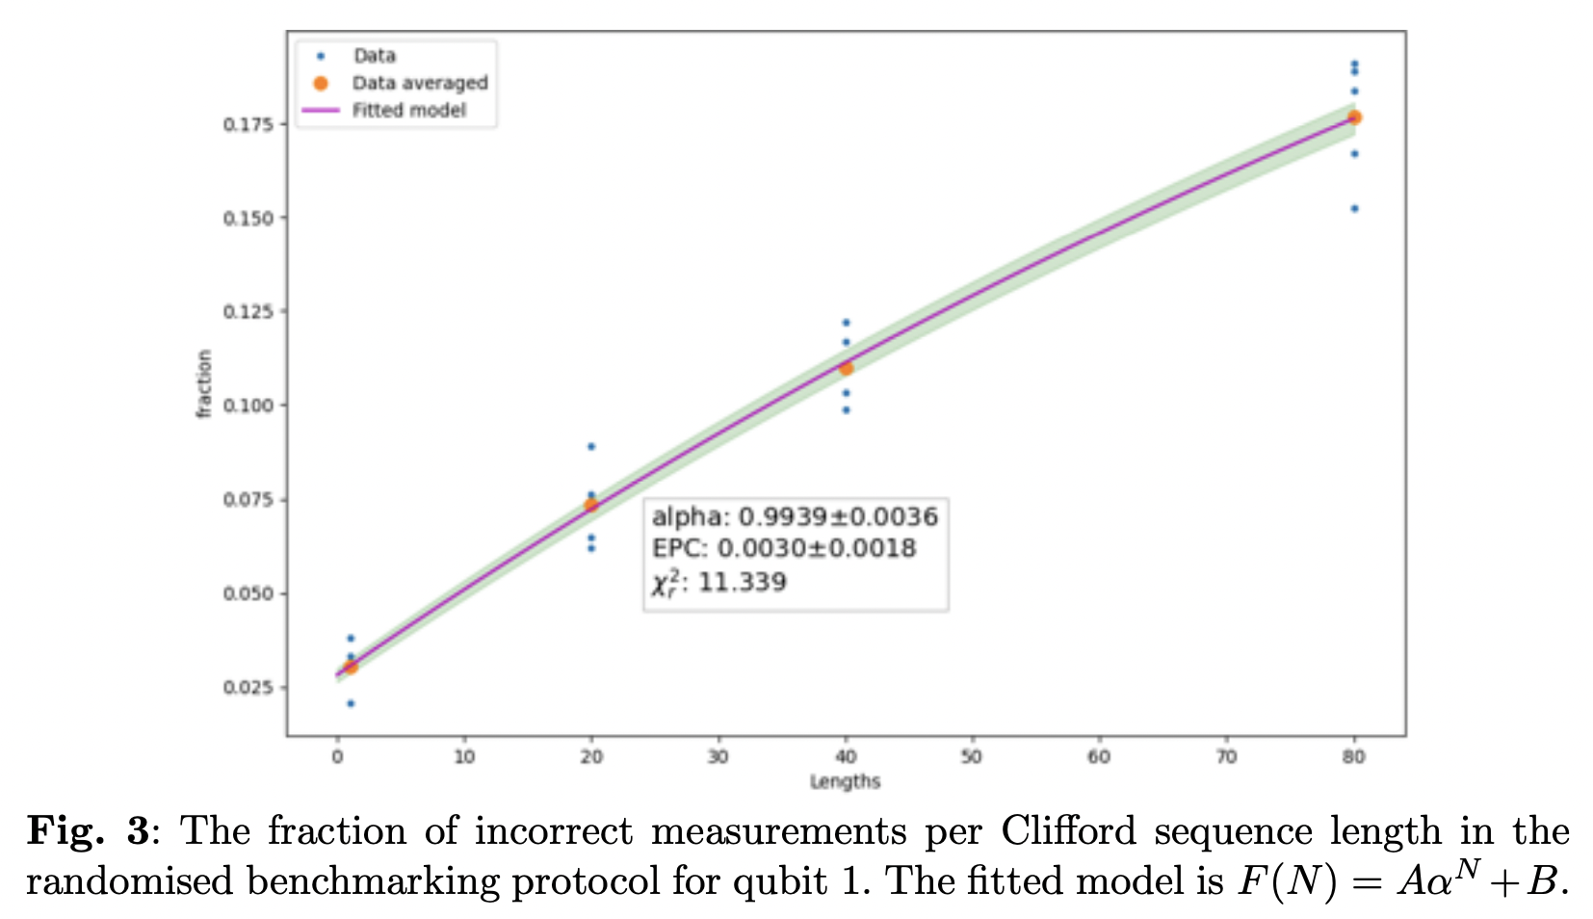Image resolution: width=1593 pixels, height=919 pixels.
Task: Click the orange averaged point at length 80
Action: tap(1353, 118)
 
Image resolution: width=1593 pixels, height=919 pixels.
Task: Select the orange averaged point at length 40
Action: tap(846, 368)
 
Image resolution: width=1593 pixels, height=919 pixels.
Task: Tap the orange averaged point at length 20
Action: tap(590, 505)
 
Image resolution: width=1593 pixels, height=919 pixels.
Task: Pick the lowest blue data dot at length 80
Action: tap(1353, 208)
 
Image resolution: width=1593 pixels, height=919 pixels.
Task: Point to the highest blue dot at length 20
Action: tap(590, 446)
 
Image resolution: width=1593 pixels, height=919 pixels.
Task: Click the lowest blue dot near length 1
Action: tap(351, 703)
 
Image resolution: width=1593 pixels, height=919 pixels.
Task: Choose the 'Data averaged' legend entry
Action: tap(419, 83)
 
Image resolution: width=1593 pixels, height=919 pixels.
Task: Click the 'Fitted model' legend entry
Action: tap(408, 110)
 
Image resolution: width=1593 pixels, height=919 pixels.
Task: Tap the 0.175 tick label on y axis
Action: tap(248, 124)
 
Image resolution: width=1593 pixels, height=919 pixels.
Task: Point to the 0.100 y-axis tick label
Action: tap(248, 406)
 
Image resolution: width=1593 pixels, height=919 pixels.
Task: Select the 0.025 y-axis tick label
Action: tap(248, 687)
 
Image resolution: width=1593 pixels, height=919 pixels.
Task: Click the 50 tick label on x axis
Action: tap(972, 757)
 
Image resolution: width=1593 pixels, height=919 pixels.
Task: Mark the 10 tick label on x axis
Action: tap(464, 757)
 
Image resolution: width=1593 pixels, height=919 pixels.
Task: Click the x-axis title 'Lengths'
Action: tap(845, 781)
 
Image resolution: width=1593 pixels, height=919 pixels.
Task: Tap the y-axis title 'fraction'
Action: tap(203, 383)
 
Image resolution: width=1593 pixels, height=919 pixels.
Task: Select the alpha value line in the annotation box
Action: tap(795, 517)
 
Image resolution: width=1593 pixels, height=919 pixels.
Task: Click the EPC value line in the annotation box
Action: tap(784, 548)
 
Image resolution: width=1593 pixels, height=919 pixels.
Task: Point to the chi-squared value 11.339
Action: tap(742, 582)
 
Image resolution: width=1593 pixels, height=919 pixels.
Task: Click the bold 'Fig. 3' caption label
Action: tap(89, 830)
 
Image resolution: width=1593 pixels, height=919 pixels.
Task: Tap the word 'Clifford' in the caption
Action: tap(1068, 830)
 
